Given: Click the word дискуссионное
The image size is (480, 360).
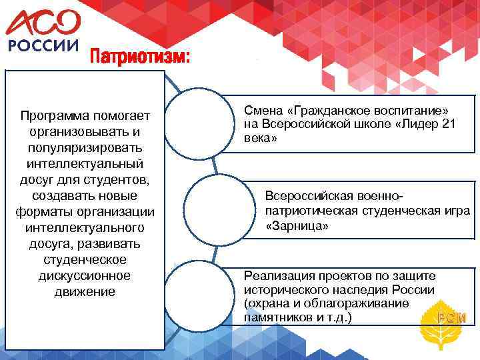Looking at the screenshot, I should [85, 275].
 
